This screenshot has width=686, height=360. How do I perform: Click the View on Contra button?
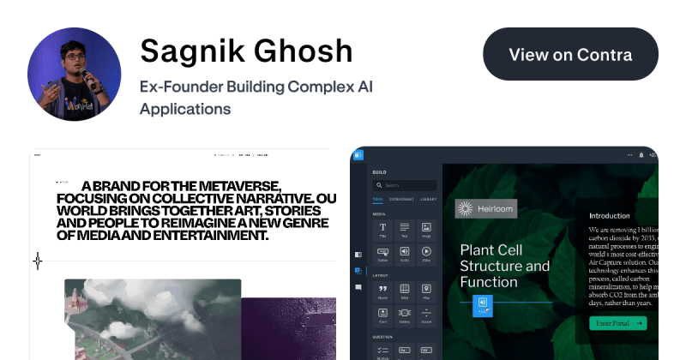coord(570,55)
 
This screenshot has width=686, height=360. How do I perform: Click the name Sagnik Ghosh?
coord(246,51)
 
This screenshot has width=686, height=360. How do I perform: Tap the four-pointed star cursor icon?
coord(37,261)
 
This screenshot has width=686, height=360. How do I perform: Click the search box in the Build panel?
coord(405,185)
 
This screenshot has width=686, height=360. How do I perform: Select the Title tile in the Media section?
coord(382,230)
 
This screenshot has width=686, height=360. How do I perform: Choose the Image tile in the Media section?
coord(426,230)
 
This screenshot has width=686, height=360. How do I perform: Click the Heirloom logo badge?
coord(486,208)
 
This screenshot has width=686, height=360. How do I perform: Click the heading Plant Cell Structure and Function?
coord(504,266)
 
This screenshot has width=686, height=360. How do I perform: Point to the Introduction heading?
coord(609,215)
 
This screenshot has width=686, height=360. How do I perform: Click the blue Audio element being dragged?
coord(484,304)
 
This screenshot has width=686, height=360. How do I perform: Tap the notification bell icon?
coord(641,155)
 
